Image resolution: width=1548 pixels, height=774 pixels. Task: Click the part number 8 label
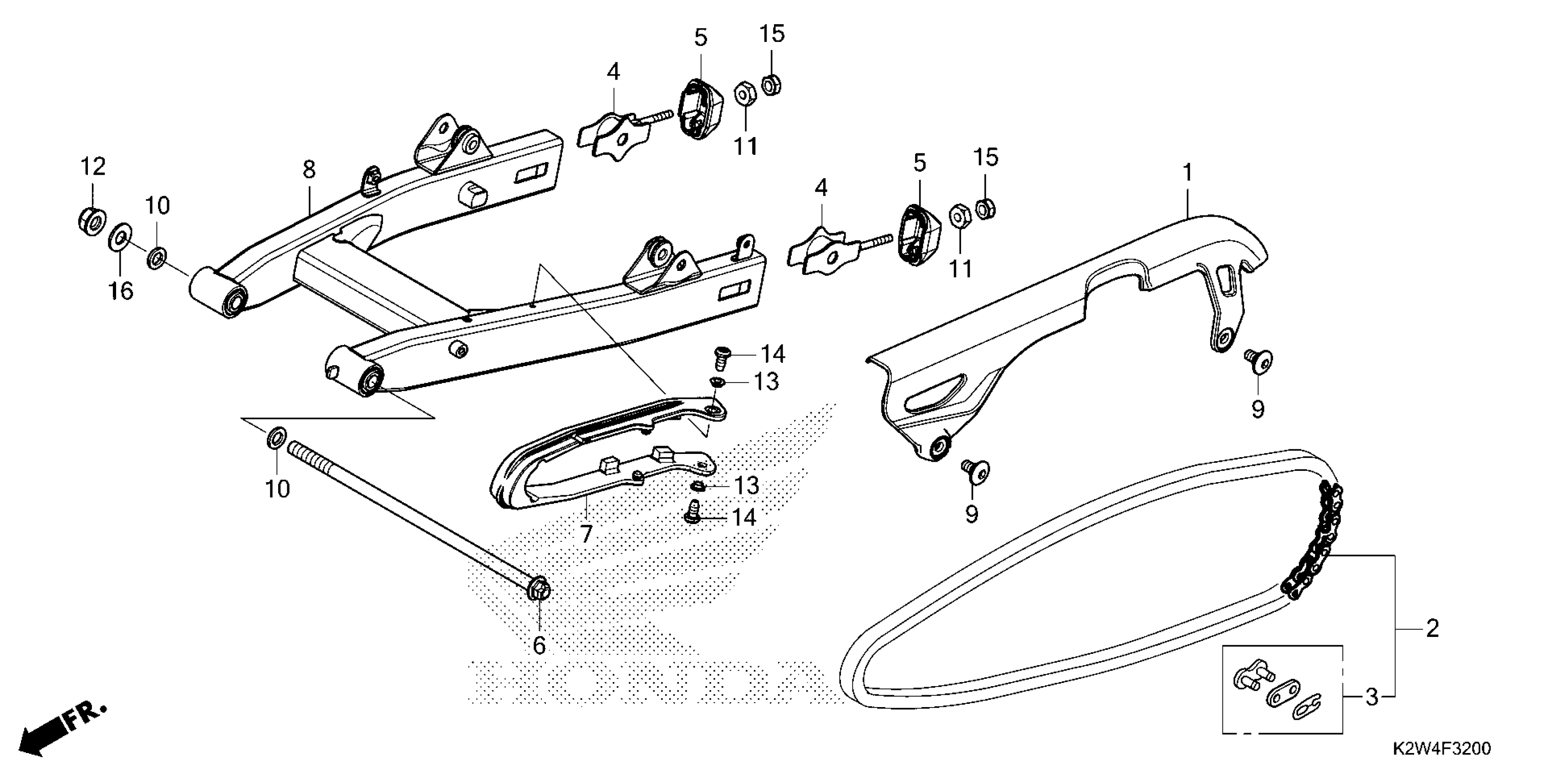(x=309, y=170)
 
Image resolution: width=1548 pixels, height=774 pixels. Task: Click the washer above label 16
(x=121, y=238)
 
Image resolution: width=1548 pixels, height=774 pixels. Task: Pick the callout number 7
(x=586, y=533)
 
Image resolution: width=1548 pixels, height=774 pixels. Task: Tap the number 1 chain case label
(x=1187, y=173)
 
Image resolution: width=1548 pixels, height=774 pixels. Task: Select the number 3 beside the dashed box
(x=1372, y=697)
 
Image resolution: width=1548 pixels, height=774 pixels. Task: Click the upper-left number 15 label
(x=772, y=34)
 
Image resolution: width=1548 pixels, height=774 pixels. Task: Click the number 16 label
(x=120, y=291)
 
